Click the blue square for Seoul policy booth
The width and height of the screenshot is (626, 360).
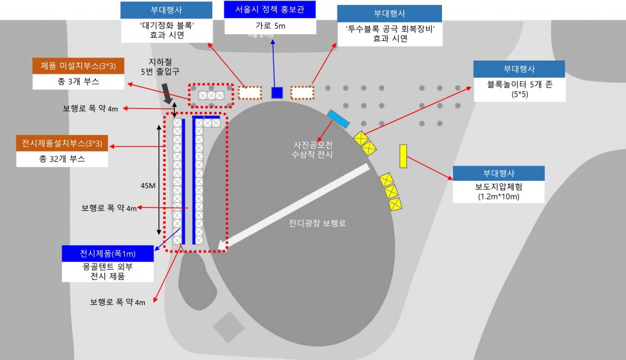277,92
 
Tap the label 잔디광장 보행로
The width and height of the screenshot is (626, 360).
317,223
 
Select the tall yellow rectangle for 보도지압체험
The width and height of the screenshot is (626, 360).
403,156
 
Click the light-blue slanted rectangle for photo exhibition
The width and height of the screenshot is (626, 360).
338,119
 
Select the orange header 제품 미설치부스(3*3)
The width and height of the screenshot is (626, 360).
79,66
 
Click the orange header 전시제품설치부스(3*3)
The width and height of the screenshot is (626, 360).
63,144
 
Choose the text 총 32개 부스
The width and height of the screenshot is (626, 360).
63,159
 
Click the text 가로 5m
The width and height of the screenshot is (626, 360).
270,26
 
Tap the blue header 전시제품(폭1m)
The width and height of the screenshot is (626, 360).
108,253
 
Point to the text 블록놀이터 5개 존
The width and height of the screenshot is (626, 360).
520,85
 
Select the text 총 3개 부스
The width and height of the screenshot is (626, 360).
79,81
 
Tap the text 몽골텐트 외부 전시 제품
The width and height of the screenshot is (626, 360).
108,271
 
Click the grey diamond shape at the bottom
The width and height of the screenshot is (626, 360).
227,326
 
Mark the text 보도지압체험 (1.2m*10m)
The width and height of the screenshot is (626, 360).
497,192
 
